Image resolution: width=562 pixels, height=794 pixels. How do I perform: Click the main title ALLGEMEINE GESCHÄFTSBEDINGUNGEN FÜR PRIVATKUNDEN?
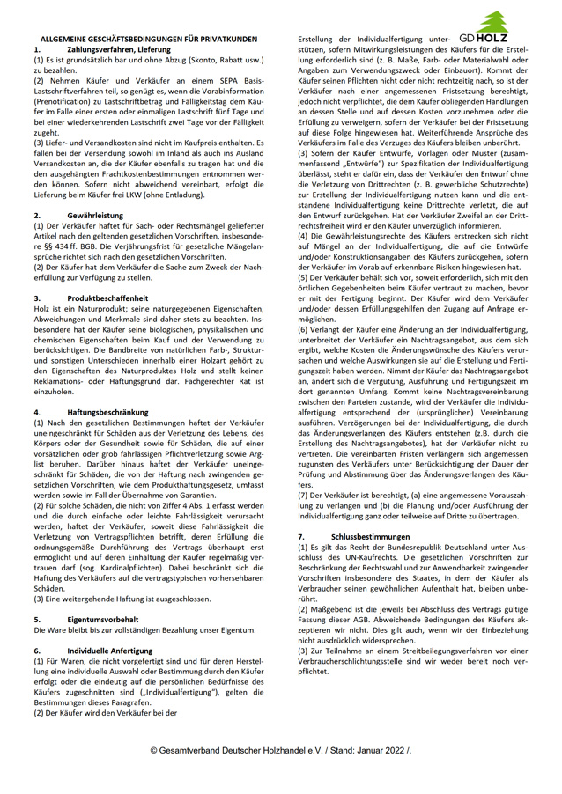[x=149, y=40]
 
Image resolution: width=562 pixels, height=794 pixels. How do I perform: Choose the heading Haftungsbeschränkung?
[x=107, y=411]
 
